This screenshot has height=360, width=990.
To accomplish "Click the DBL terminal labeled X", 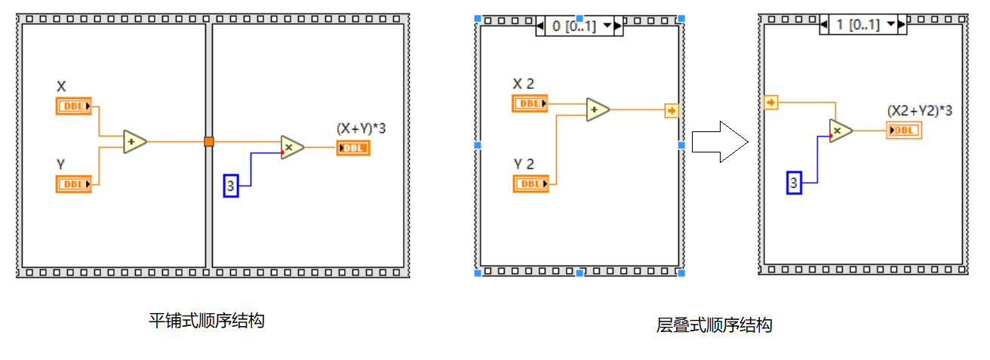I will [x=73, y=106].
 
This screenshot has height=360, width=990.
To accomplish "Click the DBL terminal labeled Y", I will [x=73, y=183].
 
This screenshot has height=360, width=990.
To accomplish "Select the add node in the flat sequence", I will [x=135, y=141].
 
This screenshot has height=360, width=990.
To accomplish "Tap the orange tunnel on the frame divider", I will [x=209, y=141].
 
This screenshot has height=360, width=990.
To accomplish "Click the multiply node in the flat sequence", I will [x=291, y=146].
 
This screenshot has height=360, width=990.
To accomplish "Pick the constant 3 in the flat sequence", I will [x=231, y=186].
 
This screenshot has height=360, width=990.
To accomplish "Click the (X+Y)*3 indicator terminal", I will [x=353, y=148].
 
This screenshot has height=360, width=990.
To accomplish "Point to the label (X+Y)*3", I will [x=361, y=128].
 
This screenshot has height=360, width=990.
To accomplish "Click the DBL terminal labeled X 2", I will [x=530, y=103].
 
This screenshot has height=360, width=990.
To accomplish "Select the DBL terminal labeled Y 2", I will [x=530, y=183].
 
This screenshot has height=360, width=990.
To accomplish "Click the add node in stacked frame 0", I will [x=598, y=109].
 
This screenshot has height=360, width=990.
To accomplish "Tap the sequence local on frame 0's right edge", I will [x=672, y=111].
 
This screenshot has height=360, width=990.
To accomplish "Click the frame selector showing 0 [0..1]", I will [x=578, y=26].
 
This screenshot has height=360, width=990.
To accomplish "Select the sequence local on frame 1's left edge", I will [x=770, y=102].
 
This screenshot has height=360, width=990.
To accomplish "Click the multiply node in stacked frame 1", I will [x=841, y=131].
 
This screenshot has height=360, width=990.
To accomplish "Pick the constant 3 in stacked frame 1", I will [x=794, y=183].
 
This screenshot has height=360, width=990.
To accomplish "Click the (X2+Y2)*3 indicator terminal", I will [x=904, y=131].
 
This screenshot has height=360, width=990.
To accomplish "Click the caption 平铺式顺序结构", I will [x=206, y=321].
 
